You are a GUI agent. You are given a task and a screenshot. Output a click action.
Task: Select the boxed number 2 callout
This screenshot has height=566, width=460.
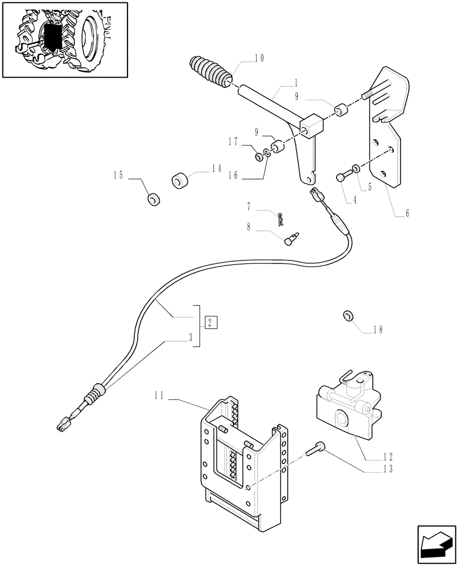(x=210, y=323)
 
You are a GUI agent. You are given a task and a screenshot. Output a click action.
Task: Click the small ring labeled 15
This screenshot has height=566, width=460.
(x=153, y=200)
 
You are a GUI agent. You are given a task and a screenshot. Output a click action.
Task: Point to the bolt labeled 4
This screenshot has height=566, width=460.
(x=342, y=177)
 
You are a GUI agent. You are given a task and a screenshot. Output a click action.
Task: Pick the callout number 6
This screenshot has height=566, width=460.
(x=406, y=213)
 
